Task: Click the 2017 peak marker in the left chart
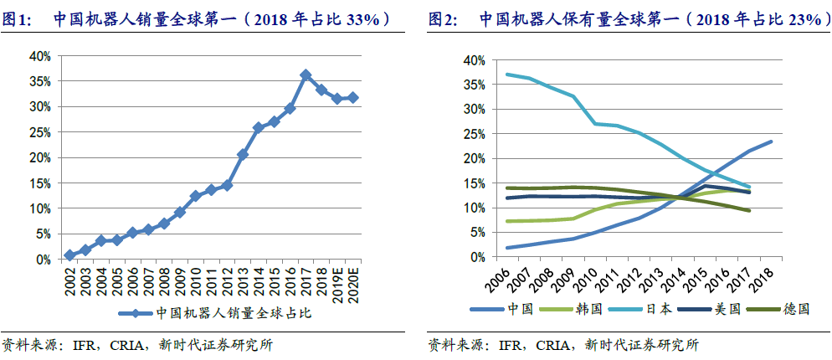click(x=306, y=75)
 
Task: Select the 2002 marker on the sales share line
click(x=69, y=255)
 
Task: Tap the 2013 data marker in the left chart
click(x=243, y=154)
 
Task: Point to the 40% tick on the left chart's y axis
click(x=40, y=56)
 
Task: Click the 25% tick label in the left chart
click(x=40, y=132)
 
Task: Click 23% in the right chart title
click(x=790, y=18)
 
